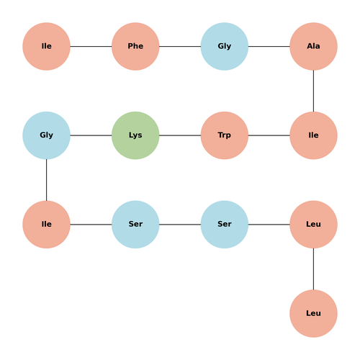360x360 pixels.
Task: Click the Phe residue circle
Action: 135,46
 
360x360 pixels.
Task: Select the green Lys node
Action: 135,135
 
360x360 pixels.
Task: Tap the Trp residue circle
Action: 225,135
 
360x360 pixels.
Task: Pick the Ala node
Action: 313,46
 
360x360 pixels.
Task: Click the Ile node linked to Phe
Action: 46,46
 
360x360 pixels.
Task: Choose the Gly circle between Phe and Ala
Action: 225,46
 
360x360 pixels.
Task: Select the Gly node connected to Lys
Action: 46,135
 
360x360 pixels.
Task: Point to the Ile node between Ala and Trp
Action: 313,135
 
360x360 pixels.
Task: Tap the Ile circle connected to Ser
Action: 46,225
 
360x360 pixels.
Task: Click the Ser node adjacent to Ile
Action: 135,225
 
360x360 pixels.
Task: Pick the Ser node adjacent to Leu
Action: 225,225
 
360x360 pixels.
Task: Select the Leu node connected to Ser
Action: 313,225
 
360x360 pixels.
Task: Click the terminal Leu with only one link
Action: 313,313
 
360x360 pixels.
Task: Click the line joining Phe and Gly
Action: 180,46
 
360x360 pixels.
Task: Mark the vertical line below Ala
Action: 313,91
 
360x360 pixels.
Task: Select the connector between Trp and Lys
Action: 180,135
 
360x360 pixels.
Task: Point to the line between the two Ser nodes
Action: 180,225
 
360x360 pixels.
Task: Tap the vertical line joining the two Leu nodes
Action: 313,269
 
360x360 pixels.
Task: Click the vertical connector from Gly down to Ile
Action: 46,180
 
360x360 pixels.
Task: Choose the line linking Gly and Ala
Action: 269,46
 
